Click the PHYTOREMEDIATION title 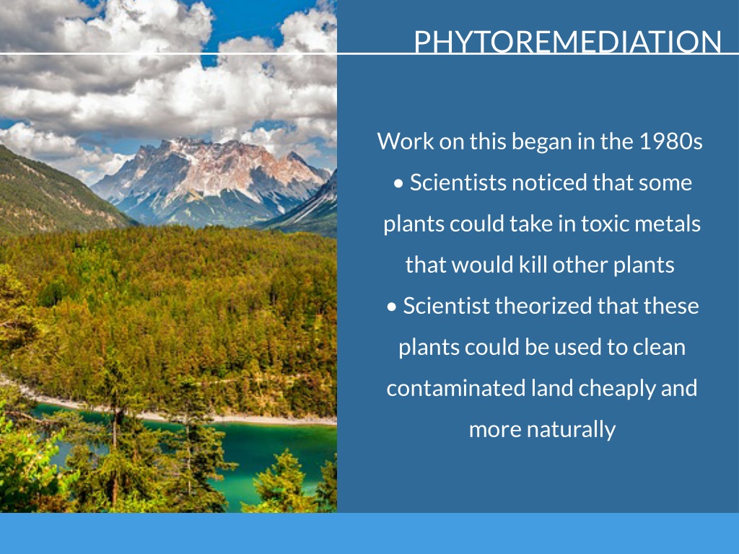567,41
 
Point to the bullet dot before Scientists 398,184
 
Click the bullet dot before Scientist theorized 392,307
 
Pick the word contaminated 456,388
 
